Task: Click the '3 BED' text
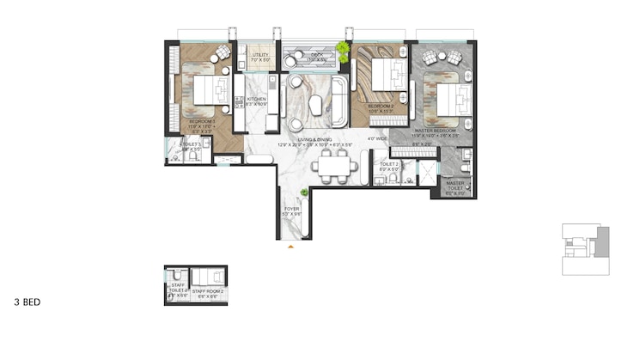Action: (x=27, y=302)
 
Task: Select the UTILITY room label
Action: (x=260, y=55)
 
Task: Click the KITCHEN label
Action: (x=257, y=100)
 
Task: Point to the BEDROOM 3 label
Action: (x=203, y=122)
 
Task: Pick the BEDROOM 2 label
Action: (x=380, y=107)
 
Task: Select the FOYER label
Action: (x=292, y=209)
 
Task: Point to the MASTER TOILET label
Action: (x=455, y=183)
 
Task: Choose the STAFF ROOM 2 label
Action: (x=208, y=292)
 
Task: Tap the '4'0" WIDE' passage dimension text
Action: (x=375, y=138)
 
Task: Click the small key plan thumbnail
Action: (x=585, y=249)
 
